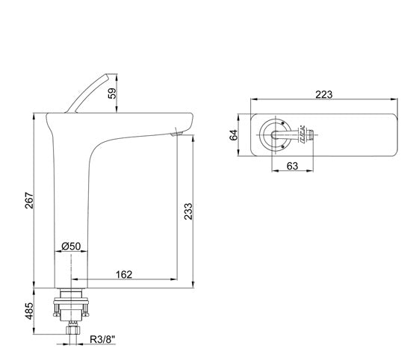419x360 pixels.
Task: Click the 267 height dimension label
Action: (29, 200)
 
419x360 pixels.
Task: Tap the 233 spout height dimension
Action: (188, 211)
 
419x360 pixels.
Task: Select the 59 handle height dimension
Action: (112, 93)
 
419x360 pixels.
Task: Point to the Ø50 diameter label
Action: (71, 246)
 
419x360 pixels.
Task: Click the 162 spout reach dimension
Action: (124, 274)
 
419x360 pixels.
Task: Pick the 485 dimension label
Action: (29, 311)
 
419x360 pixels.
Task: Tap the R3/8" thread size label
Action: (102, 339)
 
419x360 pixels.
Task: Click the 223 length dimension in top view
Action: (324, 94)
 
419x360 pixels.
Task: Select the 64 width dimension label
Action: (233, 135)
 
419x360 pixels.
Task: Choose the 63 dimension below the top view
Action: (292, 166)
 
